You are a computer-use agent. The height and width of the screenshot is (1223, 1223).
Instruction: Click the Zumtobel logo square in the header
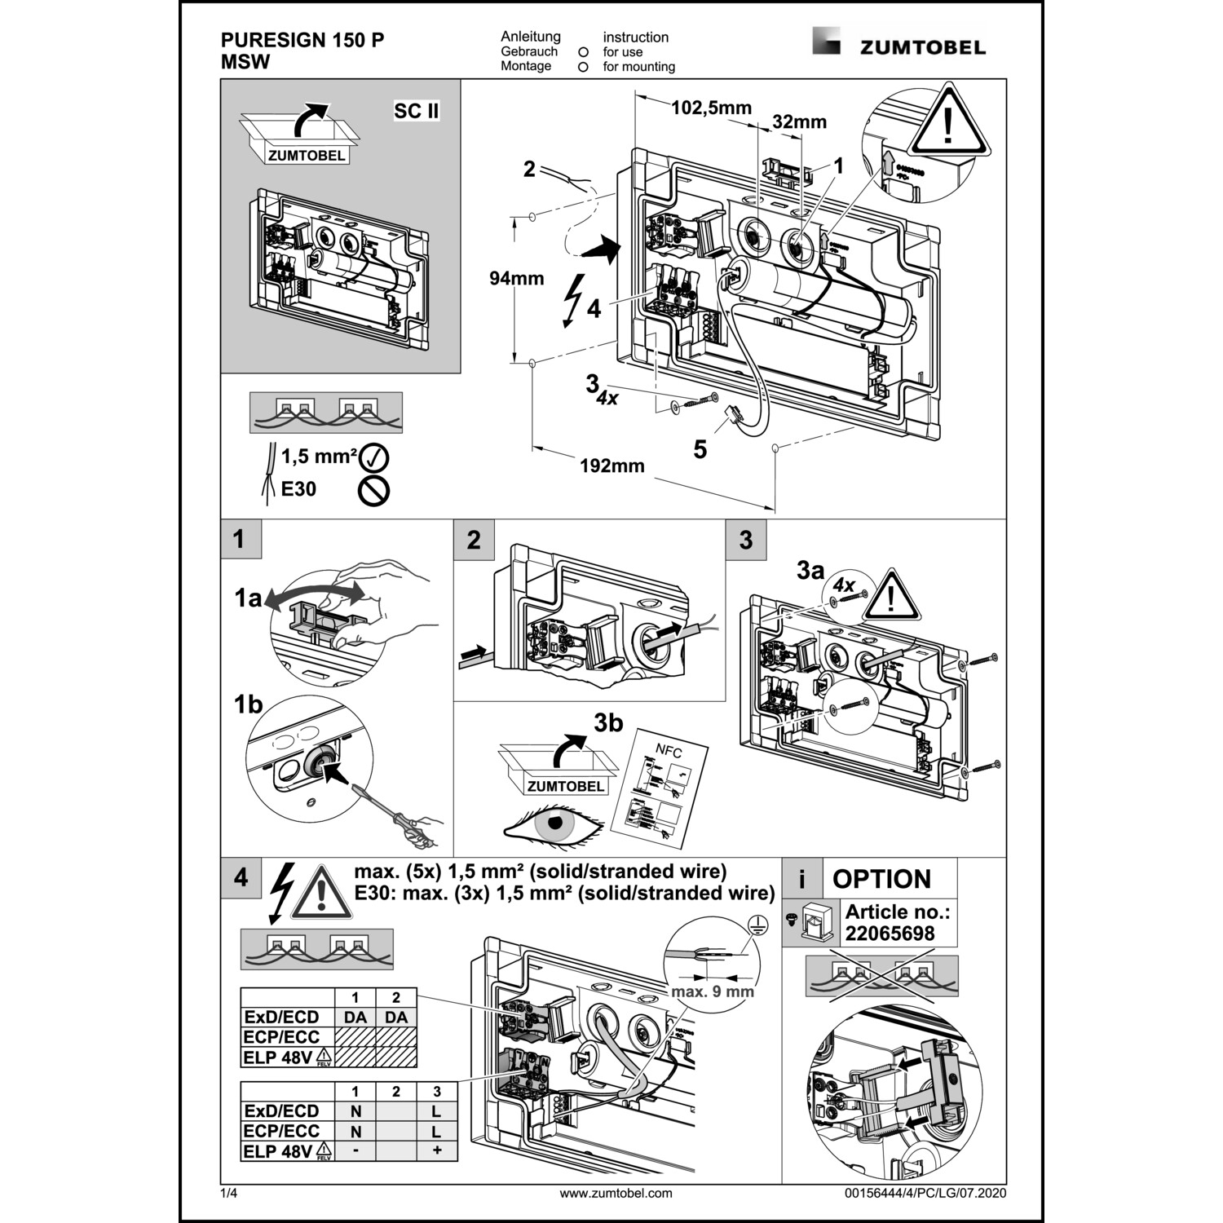tap(826, 41)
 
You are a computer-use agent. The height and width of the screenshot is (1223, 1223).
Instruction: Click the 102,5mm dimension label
tap(711, 108)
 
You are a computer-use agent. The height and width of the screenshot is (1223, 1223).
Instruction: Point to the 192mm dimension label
tap(611, 466)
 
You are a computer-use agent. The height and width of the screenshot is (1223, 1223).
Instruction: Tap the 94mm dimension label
tap(516, 279)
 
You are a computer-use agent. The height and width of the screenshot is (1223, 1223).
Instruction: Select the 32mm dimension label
tap(799, 122)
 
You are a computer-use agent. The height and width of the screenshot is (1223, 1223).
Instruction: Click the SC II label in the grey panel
tap(417, 111)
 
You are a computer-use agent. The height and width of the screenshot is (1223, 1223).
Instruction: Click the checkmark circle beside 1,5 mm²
tap(374, 457)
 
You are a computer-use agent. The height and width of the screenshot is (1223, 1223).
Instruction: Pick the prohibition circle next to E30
tap(374, 490)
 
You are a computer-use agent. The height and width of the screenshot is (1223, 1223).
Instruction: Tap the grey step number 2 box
tap(474, 540)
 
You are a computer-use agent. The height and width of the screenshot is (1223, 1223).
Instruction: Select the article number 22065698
tap(890, 934)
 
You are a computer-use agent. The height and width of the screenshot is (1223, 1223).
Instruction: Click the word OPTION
tap(881, 879)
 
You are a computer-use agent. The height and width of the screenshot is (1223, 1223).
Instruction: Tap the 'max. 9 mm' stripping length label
tap(713, 991)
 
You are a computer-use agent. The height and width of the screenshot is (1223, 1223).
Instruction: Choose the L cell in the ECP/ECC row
tap(437, 1132)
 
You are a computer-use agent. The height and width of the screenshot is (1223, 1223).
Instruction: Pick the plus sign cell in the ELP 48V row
tap(437, 1151)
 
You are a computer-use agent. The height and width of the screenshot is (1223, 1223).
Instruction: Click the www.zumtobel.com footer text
tap(616, 1193)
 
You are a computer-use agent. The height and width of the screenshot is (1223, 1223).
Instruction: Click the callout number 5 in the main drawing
tap(700, 449)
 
